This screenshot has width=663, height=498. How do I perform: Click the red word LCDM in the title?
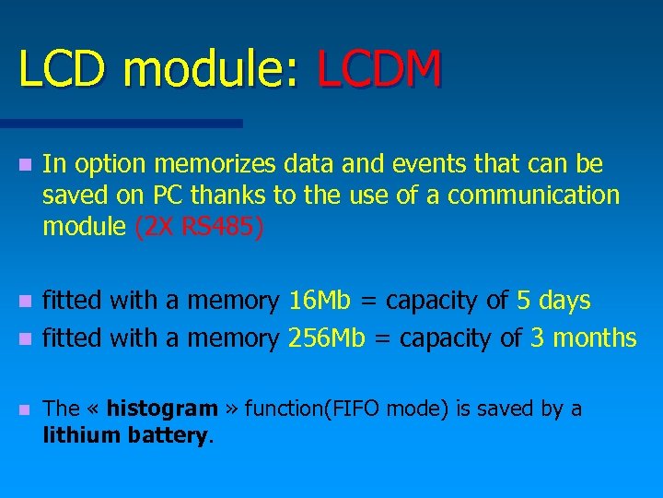point(379,69)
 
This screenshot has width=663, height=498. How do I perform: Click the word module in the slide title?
point(213,69)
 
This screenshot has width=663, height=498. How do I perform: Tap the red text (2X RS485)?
point(199,227)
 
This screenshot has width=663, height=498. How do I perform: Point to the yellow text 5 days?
point(553,301)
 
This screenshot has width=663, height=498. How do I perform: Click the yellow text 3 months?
point(584,338)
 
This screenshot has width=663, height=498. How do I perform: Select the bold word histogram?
point(162,409)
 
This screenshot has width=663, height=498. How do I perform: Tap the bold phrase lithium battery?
point(127,435)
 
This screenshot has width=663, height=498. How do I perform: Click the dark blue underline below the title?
point(121,123)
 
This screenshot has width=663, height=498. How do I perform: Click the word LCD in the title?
point(61,69)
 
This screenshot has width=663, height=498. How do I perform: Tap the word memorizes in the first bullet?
point(215,164)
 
